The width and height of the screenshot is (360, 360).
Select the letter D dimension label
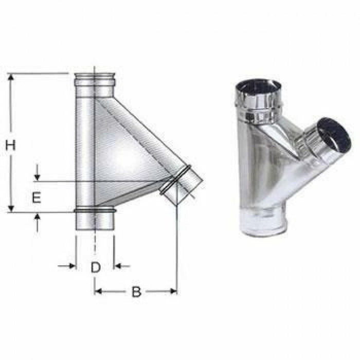coord(95,267)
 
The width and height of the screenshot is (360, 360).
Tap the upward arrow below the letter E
coord(37,218)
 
